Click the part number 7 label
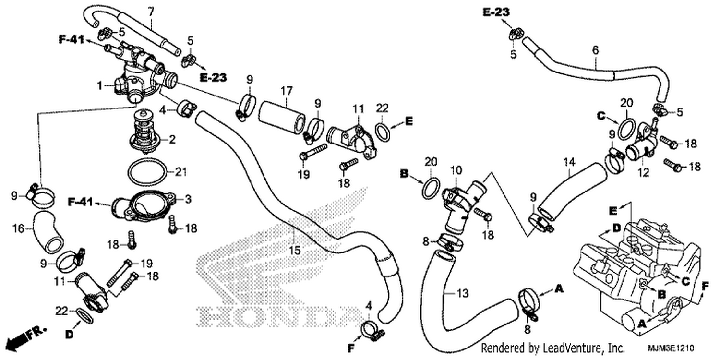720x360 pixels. click(x=151, y=12)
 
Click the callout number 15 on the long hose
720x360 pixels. click(x=295, y=250)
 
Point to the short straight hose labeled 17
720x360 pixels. click(x=282, y=118)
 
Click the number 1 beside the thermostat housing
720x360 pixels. click(x=100, y=85)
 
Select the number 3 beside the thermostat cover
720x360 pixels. click(x=188, y=199)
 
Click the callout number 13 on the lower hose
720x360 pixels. click(x=463, y=293)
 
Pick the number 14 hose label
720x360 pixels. click(x=569, y=162)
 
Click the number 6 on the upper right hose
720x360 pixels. click(x=595, y=50)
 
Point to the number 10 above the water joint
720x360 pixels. click(x=456, y=170)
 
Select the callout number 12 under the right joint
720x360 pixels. click(x=644, y=173)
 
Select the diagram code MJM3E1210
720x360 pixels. click(x=671, y=348)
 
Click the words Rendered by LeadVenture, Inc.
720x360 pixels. click(x=553, y=348)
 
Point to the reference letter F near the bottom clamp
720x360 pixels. click(x=351, y=348)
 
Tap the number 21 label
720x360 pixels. click(x=180, y=172)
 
